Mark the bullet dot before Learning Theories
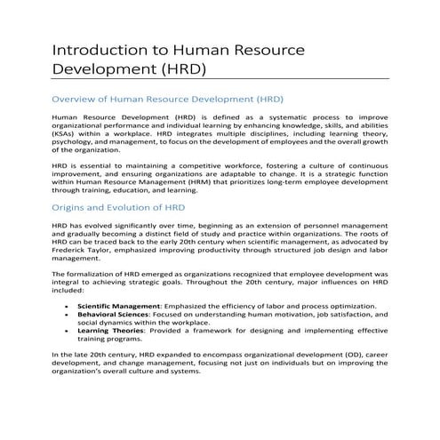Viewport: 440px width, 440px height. point(68,331)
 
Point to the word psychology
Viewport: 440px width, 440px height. point(74,140)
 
